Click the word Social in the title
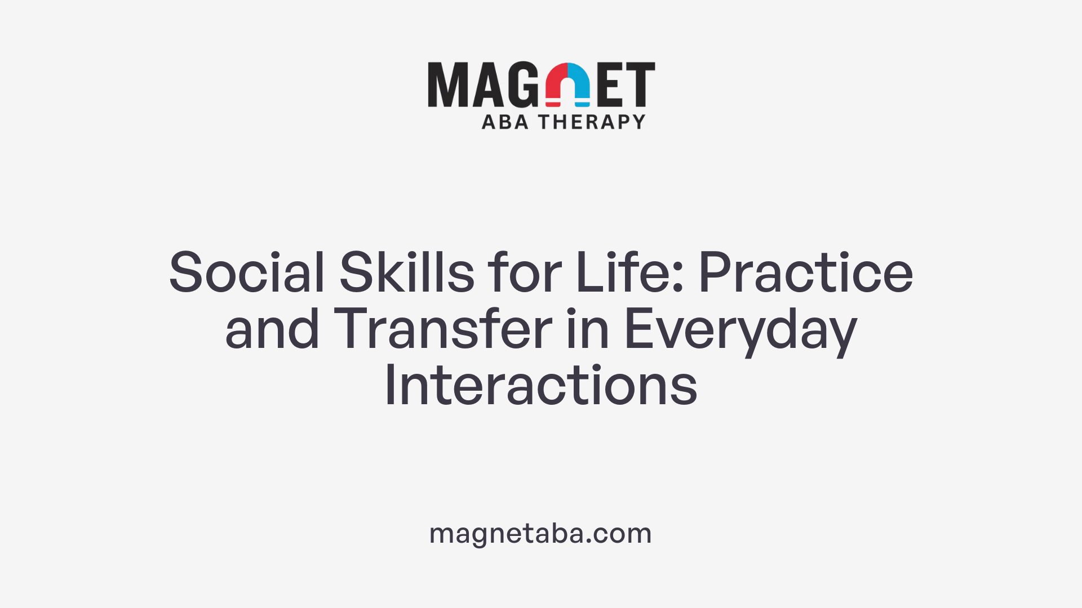(247, 273)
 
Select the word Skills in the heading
(407, 273)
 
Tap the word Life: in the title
(629, 273)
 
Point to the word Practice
(806, 273)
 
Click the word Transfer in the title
(443, 329)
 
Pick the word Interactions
(541, 386)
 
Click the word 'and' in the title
(272, 329)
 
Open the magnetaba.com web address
(540, 533)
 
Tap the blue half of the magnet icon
(580, 84)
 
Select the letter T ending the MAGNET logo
(640, 85)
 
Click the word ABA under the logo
(505, 122)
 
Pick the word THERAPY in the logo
(592, 122)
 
